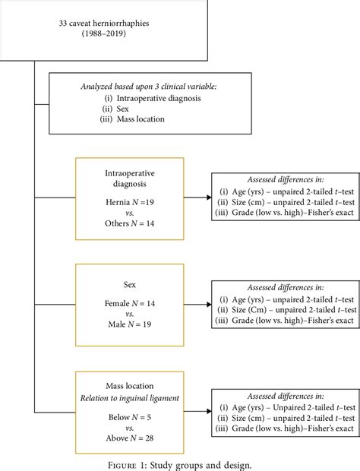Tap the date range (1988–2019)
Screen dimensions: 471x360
[105, 36]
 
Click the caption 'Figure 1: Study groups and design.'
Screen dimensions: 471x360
[180, 463]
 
